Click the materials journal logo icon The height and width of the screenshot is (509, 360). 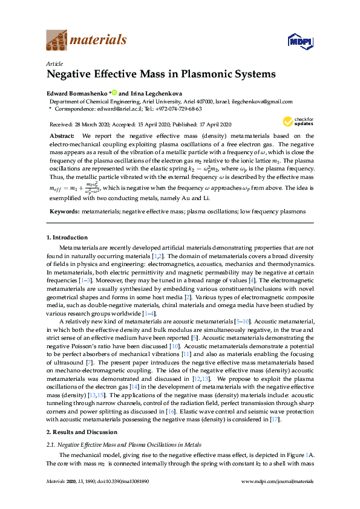point(57,41)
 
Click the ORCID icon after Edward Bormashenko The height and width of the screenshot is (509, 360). point(113,94)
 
